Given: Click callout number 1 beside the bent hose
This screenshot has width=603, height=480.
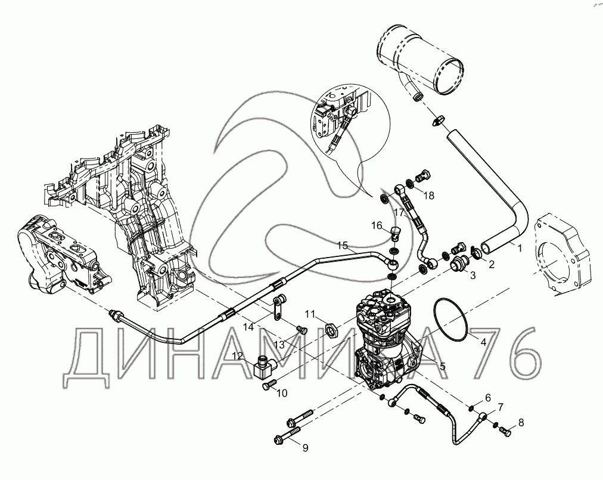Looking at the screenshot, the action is click(519, 248).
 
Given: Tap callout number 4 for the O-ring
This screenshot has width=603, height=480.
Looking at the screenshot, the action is click(483, 341).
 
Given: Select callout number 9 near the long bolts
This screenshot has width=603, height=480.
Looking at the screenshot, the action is click(305, 448).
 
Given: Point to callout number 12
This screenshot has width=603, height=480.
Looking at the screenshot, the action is click(238, 356).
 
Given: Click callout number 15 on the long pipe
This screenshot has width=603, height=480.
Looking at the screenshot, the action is click(343, 245).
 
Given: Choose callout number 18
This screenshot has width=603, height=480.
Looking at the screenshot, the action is click(428, 196).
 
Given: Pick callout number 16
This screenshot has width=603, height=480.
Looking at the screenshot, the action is click(377, 225).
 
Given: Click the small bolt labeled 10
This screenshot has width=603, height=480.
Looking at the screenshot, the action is click(269, 385).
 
